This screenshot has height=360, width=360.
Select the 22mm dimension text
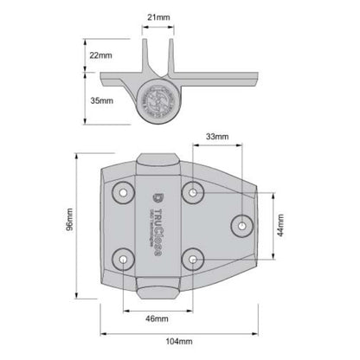pos(100,55)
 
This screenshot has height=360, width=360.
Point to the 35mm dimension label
pos(100,100)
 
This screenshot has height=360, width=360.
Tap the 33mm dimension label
pos(217,136)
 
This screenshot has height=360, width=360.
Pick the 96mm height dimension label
pos(57,228)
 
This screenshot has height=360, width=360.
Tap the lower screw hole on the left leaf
pos(125,258)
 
